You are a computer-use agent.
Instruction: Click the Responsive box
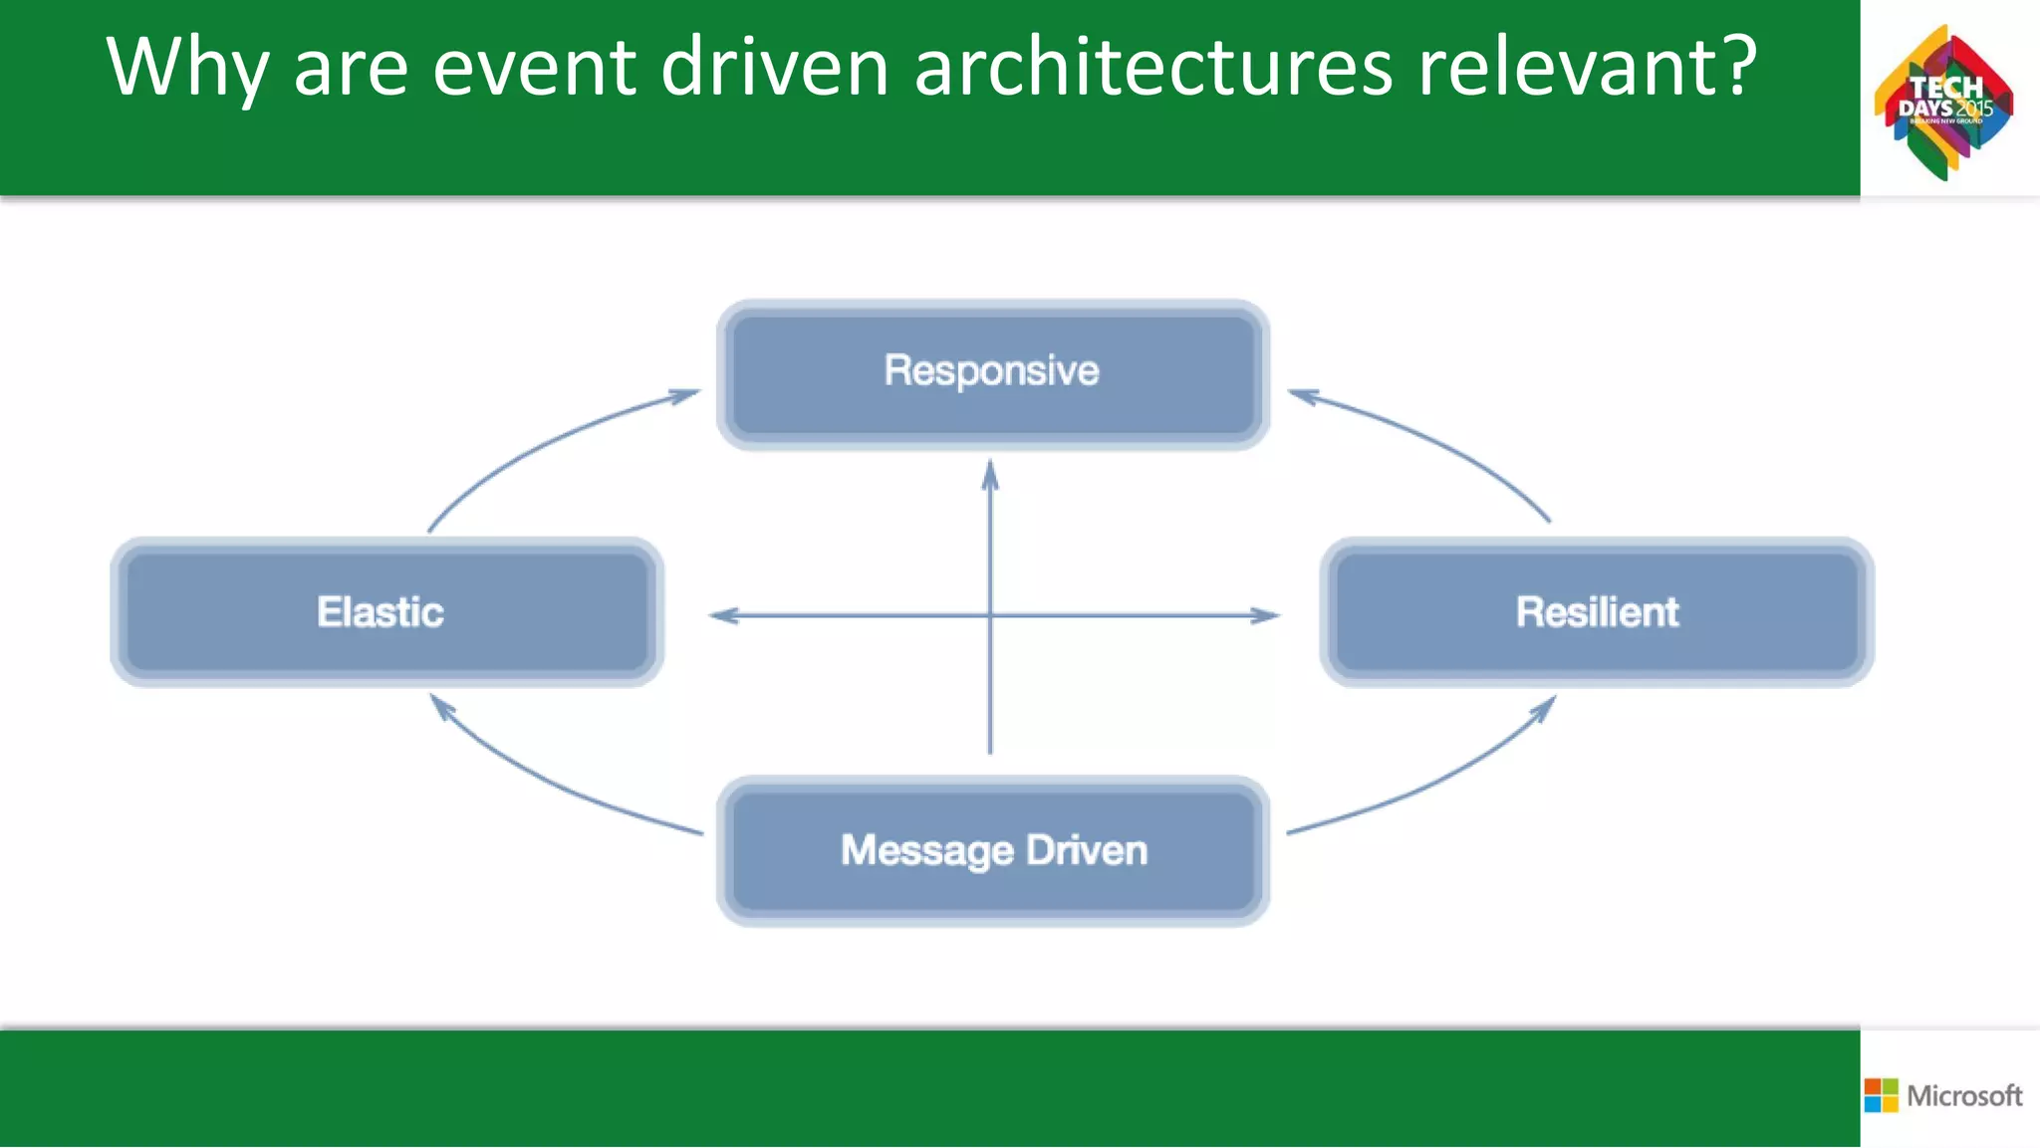[992, 374]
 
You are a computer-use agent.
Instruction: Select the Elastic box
[386, 612]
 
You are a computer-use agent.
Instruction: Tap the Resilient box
[1597, 612]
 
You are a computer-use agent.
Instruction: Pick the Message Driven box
[992, 851]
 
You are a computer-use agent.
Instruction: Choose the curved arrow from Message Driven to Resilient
[1444, 779]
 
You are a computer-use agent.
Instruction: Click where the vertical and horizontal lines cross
[989, 615]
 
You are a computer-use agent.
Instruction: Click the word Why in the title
[187, 68]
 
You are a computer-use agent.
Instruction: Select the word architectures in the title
[1152, 68]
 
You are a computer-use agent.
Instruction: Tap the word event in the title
[534, 68]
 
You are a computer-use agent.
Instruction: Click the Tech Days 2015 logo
[1943, 102]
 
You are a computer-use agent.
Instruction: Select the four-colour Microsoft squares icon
[1881, 1095]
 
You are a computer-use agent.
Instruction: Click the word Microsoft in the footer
[1964, 1095]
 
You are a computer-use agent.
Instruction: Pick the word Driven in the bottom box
[1087, 850]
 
